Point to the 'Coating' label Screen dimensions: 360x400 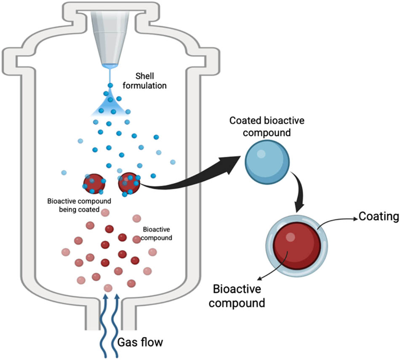point(378,217)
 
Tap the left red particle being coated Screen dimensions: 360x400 point(94,183)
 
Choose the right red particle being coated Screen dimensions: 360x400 point(129,183)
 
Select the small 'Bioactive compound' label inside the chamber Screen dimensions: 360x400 point(157,234)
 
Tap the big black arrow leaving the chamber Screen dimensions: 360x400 point(194,177)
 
